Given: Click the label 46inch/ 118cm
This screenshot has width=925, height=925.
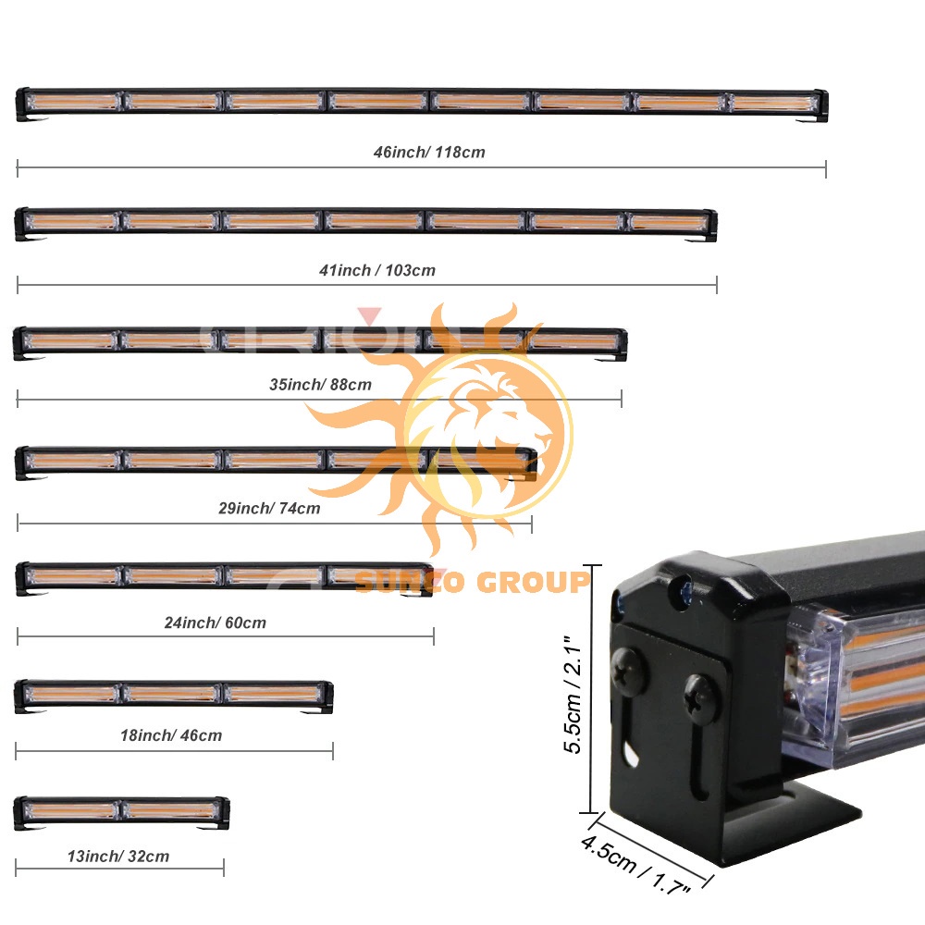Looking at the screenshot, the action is pyautogui.click(x=429, y=153).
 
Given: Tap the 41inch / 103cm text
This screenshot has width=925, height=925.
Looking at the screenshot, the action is pyautogui.click(x=377, y=270).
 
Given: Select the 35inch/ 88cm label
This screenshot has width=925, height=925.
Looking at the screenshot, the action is pyautogui.click(x=320, y=385).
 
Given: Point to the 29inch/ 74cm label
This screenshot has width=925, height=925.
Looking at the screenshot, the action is pyautogui.click(x=269, y=508).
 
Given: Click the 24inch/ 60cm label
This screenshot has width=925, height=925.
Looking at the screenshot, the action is pyautogui.click(x=216, y=623).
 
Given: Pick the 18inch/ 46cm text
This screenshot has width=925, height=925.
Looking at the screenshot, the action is pyautogui.click(x=171, y=735).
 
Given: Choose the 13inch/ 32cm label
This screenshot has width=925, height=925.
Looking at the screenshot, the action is pyautogui.click(x=118, y=856).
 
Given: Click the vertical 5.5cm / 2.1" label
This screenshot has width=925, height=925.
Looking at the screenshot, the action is pyautogui.click(x=573, y=695).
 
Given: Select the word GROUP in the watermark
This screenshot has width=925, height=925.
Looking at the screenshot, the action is pyautogui.click(x=534, y=582).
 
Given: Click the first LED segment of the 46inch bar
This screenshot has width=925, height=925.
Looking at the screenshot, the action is pyautogui.click(x=73, y=102).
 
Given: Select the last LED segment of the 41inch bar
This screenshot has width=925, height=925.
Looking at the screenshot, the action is pyautogui.click(x=669, y=222).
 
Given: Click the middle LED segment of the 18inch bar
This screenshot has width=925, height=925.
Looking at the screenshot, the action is pyautogui.click(x=172, y=694).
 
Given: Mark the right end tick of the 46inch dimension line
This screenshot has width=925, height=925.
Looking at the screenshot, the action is pyautogui.click(x=826, y=168).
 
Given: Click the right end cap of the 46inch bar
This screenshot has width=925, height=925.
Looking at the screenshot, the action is pyautogui.click(x=821, y=105).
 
